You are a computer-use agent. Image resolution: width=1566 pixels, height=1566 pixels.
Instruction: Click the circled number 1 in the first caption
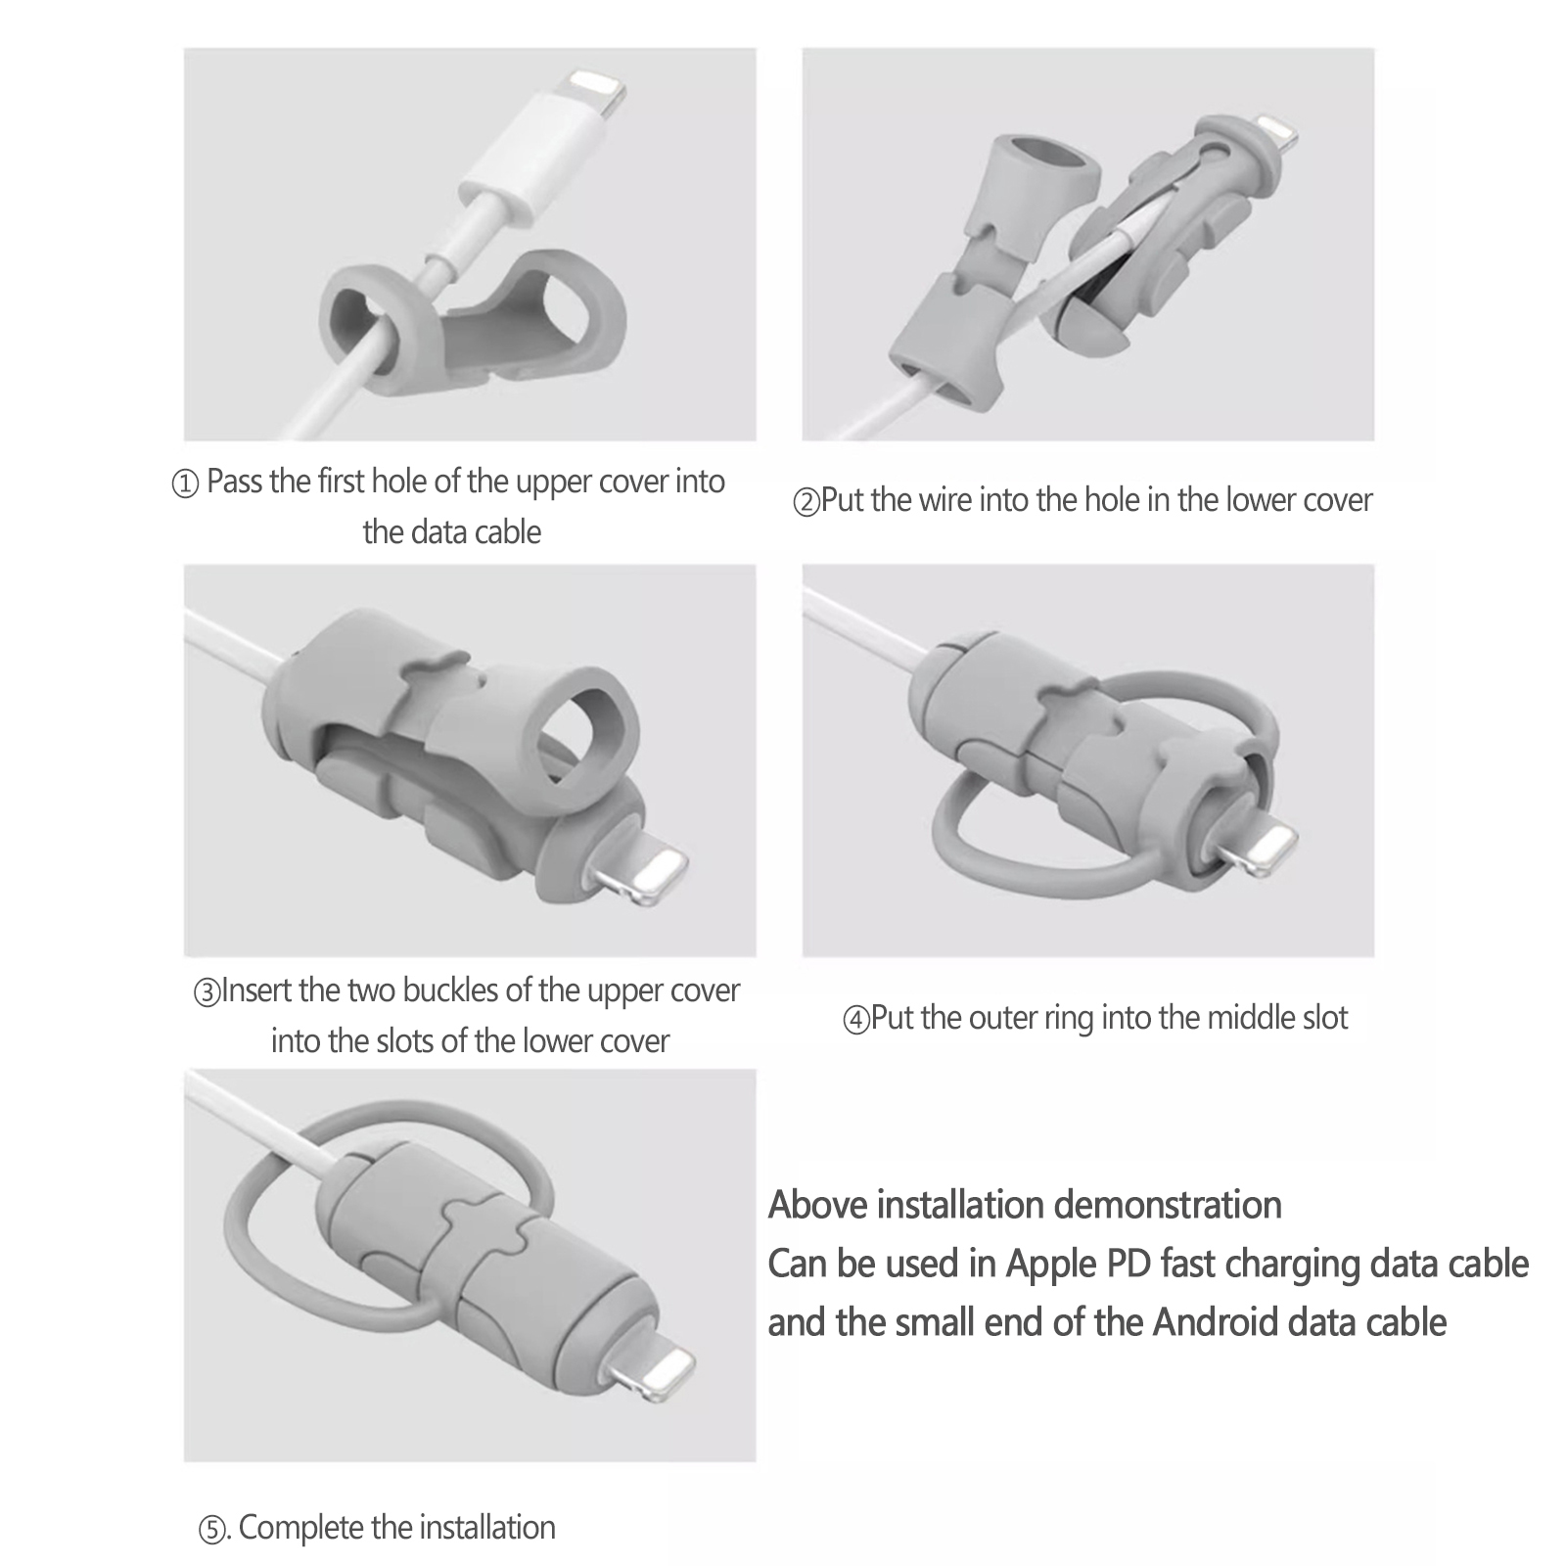coord(185,484)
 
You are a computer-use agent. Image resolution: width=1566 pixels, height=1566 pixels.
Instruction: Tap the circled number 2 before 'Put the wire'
coord(806,503)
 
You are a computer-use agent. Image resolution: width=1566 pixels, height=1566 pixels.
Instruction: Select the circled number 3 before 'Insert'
coord(207,993)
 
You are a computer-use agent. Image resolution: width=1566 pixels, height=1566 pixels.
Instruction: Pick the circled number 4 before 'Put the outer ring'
coord(855,1021)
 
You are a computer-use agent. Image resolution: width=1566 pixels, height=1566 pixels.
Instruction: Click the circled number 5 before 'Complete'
coord(212,1530)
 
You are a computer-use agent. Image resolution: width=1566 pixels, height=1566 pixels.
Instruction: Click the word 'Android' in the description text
coord(1216,1322)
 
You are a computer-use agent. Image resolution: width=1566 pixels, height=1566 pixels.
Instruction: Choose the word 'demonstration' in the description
coord(1168,1204)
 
